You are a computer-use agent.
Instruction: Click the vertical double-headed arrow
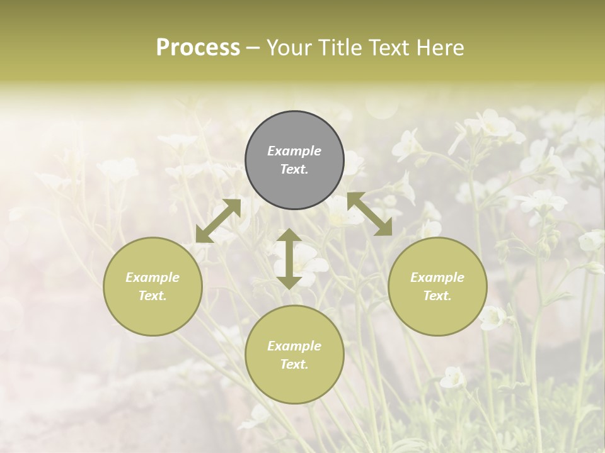(289, 259)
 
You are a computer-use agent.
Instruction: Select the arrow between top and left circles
(218, 221)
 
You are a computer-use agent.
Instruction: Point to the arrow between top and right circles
(370, 214)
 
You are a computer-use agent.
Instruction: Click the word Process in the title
(198, 48)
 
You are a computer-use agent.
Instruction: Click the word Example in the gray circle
(294, 151)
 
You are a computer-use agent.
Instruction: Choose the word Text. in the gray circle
(294, 169)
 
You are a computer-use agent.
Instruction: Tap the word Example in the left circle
(153, 277)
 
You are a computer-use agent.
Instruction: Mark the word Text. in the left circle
(153, 296)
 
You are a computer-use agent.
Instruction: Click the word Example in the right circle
(437, 277)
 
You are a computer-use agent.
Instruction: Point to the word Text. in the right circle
(437, 296)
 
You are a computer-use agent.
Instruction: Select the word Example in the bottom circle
(294, 346)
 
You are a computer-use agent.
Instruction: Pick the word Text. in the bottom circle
(294, 364)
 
